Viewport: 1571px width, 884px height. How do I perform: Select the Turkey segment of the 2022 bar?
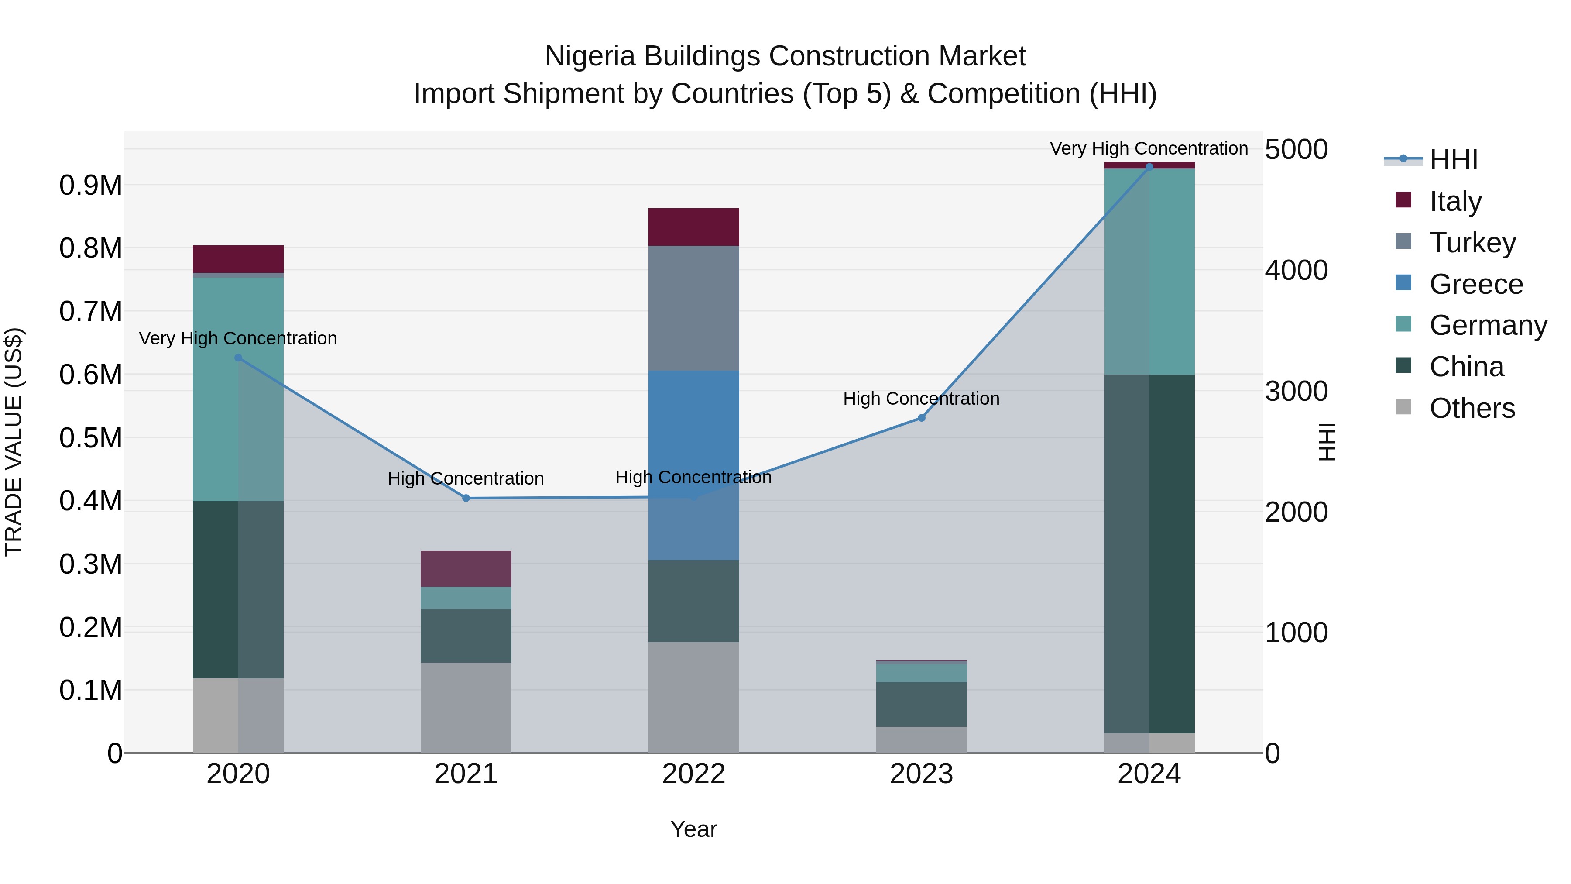(x=693, y=308)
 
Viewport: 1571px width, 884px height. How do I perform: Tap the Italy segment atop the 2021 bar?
(x=466, y=568)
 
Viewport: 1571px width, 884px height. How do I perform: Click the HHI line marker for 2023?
(x=922, y=418)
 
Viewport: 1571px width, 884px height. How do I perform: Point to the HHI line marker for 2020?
(x=238, y=358)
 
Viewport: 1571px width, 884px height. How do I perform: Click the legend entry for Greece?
(x=1476, y=284)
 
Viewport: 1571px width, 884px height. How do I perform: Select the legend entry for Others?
(x=1472, y=408)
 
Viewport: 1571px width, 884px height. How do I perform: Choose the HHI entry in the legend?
(x=1453, y=160)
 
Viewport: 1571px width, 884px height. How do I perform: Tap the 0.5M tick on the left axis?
(x=90, y=438)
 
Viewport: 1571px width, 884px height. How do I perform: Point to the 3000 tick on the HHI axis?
(x=1296, y=391)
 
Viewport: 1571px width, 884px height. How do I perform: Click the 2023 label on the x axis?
(x=922, y=774)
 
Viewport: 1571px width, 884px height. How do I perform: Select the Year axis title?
(x=693, y=829)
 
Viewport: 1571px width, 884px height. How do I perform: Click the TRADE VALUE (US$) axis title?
(x=14, y=442)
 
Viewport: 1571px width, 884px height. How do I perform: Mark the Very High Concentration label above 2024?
(x=1149, y=148)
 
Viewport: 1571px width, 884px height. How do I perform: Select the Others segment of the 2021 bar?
(x=466, y=707)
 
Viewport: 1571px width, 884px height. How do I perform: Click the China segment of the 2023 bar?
(x=922, y=704)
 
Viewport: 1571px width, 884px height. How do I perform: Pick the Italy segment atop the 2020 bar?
(x=238, y=259)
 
